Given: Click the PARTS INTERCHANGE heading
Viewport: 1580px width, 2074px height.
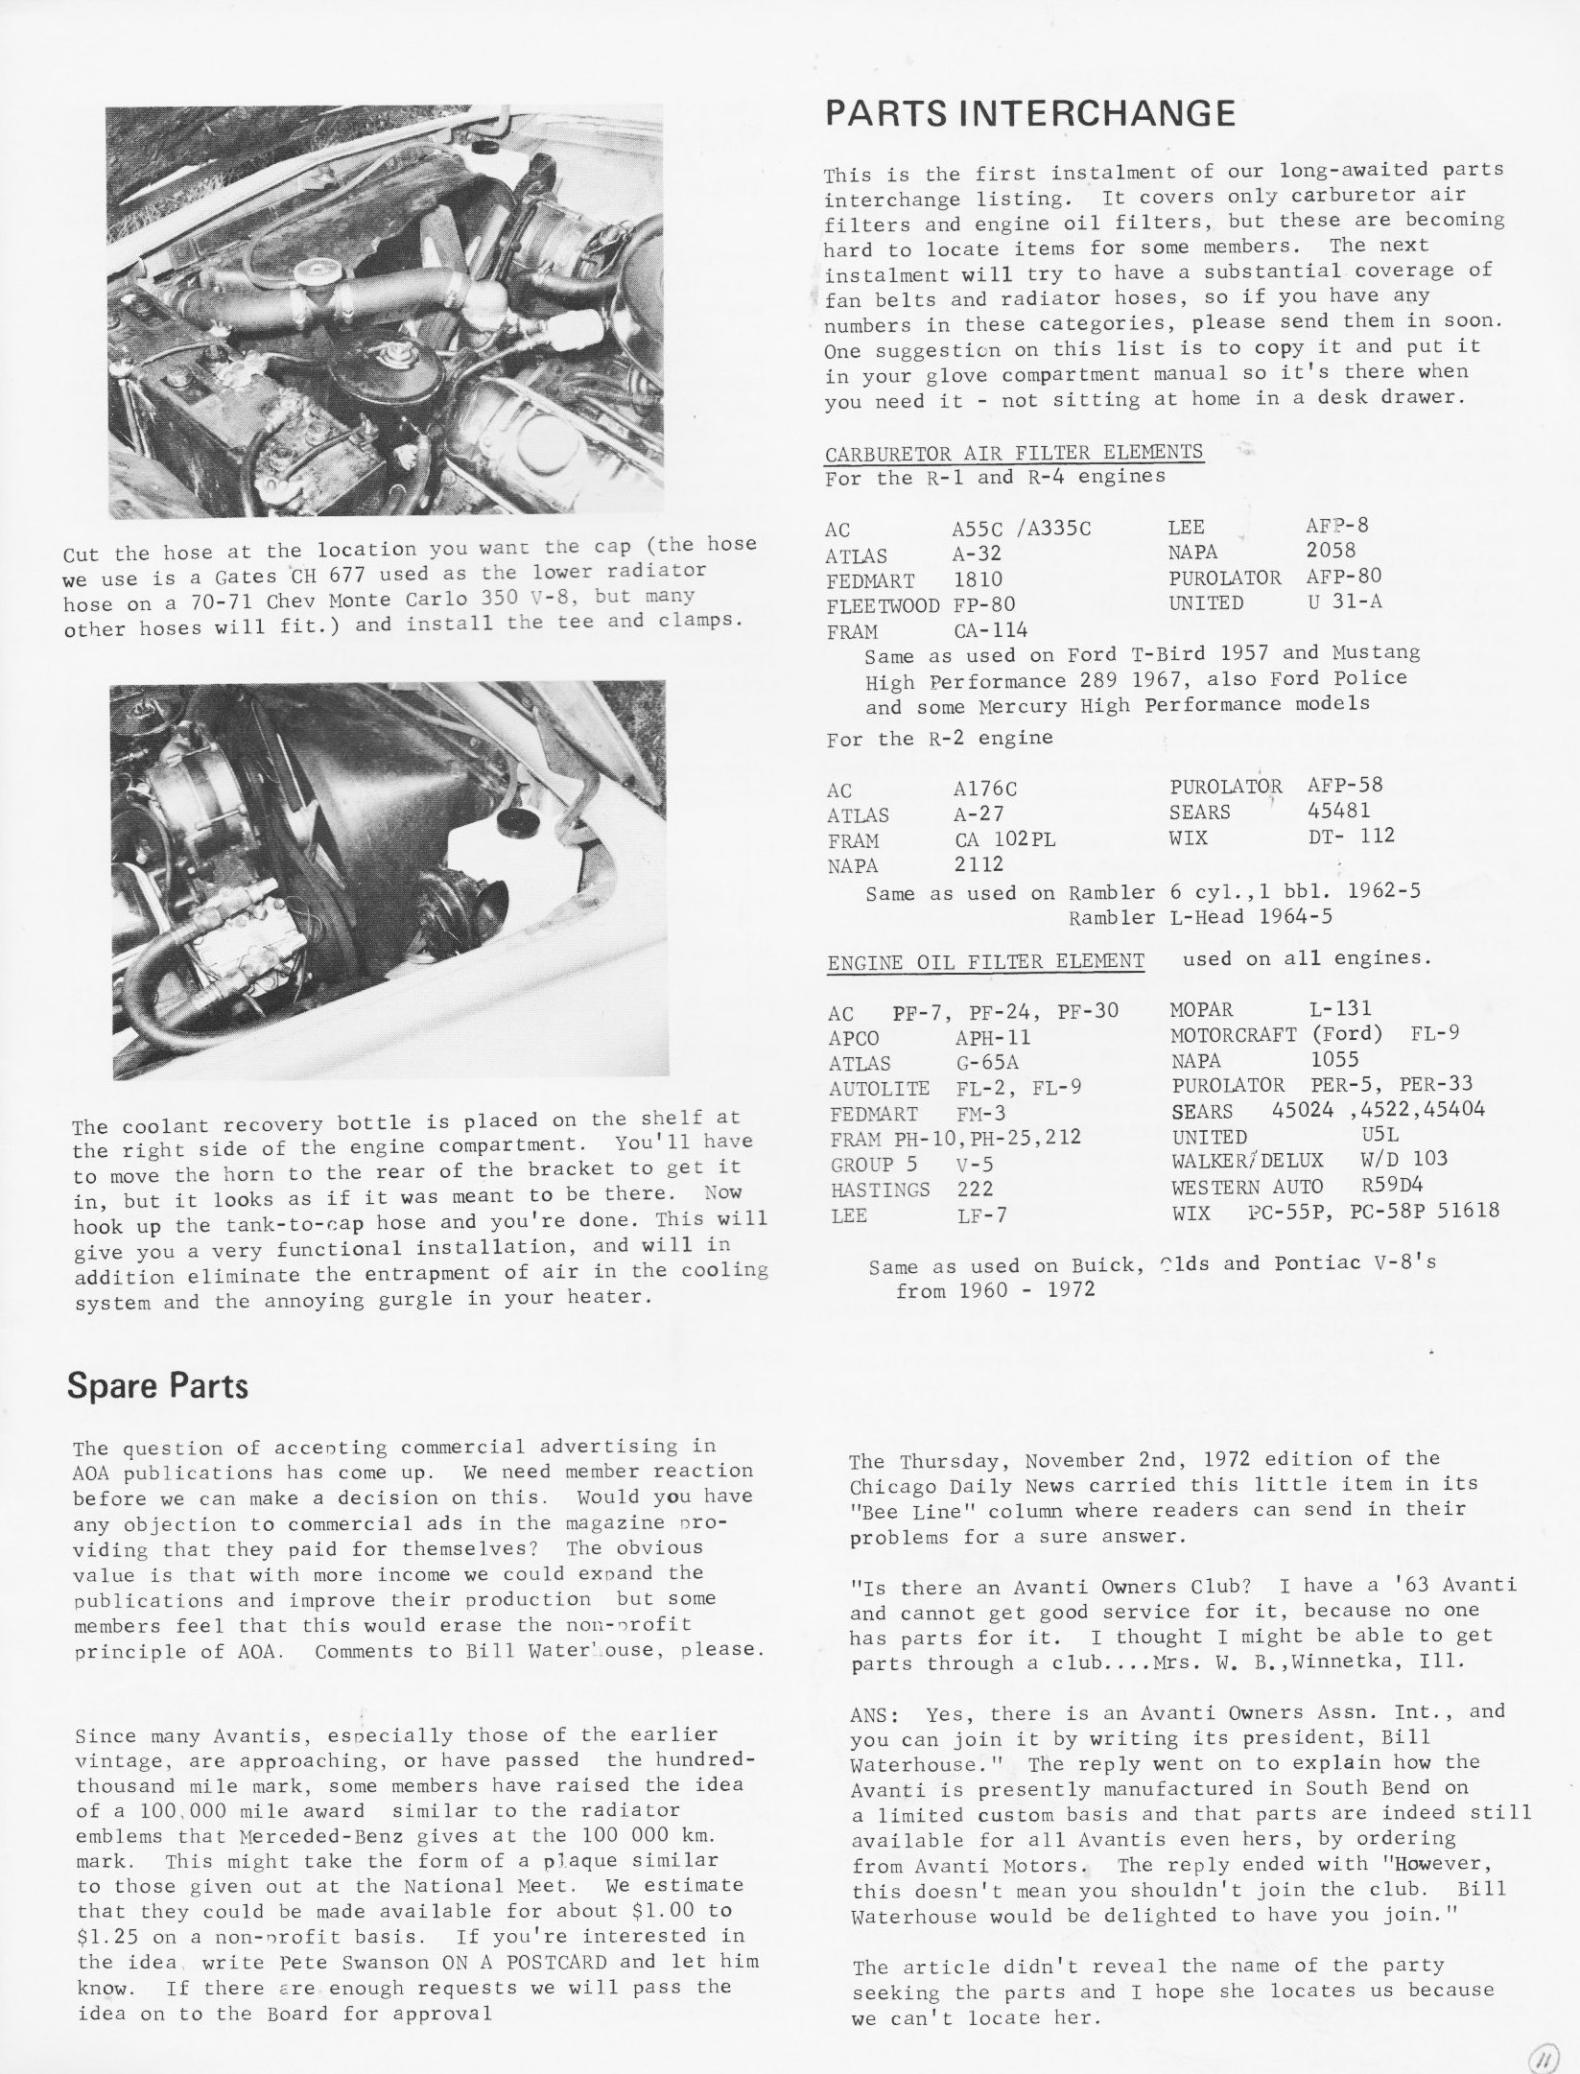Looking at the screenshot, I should click(1029, 114).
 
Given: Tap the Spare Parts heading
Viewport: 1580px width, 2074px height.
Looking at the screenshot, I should click(157, 1386).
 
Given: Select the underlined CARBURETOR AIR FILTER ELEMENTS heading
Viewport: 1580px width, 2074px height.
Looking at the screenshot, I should click(1014, 452).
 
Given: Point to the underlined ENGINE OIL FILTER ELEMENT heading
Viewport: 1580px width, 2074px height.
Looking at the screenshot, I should click(985, 960).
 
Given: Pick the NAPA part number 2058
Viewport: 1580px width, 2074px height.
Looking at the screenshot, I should click(1331, 551).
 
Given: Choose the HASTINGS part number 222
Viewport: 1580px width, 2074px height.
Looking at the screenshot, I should click(975, 1190).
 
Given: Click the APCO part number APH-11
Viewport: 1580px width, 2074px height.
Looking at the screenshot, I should click(992, 1037).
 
